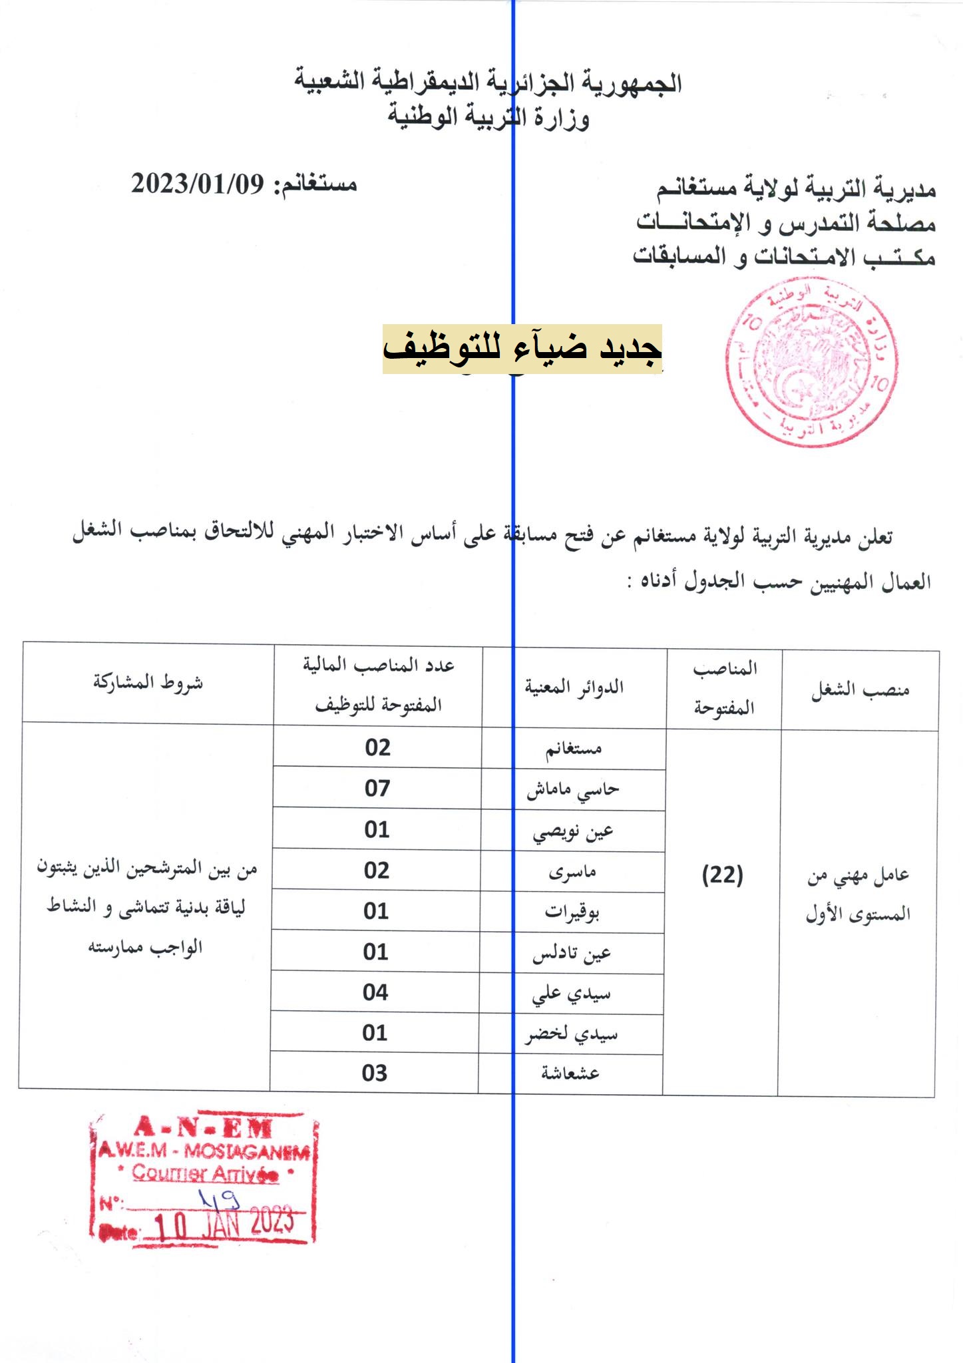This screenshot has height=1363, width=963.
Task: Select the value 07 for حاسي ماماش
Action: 377,789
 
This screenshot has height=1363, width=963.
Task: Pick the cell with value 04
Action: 375,992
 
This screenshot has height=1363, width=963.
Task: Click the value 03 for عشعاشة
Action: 375,1073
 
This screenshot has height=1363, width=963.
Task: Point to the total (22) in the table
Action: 723,876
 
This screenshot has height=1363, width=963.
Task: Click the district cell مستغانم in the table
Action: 574,749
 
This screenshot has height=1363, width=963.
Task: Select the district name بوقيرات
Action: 572,912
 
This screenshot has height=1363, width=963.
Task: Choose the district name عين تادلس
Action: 572,954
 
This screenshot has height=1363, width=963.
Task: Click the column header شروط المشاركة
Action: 148,682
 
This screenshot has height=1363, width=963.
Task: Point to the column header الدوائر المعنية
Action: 574,687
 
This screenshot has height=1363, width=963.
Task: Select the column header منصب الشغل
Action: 860,691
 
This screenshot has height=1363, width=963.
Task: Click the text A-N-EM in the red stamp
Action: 203,1127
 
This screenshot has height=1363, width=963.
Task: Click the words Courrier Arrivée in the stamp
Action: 205,1173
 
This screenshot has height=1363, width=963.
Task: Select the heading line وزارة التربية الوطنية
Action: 488,118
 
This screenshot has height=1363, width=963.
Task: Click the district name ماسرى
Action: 572,872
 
